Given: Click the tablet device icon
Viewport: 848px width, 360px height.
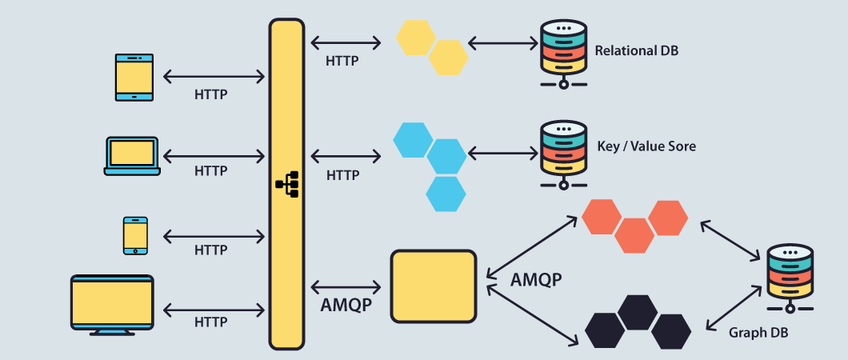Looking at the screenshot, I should click(134, 78).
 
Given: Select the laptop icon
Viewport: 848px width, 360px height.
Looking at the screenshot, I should click(132, 155).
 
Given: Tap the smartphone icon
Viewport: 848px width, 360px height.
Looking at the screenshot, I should click(134, 235).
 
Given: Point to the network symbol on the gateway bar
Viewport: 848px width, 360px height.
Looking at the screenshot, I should click(287, 184).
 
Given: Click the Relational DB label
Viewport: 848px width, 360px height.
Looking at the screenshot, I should click(636, 50).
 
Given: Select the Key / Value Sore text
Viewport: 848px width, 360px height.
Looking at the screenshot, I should click(646, 146).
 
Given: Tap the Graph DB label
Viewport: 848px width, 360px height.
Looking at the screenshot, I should click(758, 331).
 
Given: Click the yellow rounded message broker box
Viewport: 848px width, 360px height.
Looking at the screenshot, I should click(433, 286).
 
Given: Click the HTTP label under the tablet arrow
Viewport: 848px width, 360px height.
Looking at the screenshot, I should click(211, 94).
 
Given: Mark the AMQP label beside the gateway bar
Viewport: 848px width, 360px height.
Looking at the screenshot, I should click(345, 305).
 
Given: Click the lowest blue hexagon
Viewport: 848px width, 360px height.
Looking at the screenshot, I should click(446, 194).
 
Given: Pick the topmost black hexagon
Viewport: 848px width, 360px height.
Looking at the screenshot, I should click(638, 312).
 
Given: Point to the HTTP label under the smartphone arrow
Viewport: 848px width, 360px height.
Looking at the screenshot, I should click(211, 250).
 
